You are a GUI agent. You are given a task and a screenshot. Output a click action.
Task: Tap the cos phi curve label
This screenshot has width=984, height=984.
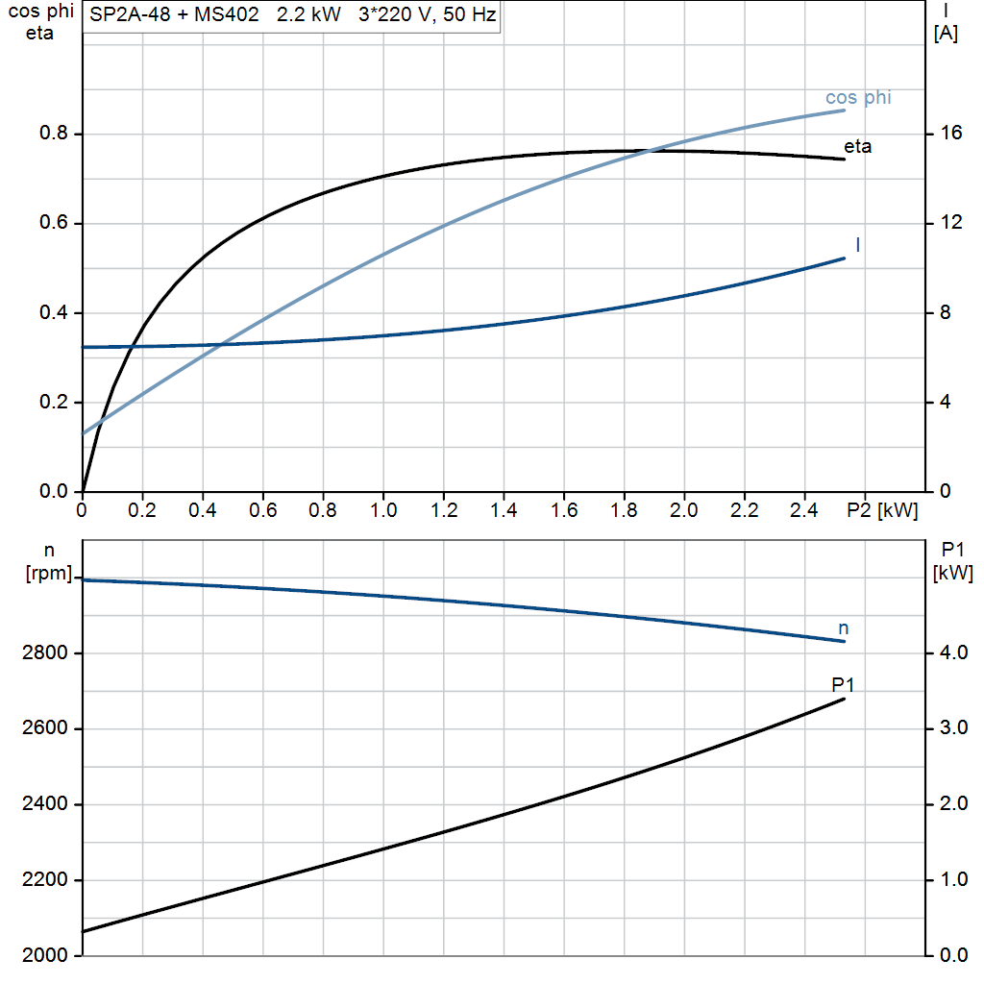pyautogui.click(x=858, y=98)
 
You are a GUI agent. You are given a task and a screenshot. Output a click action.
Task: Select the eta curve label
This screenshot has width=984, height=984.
pyautogui.click(x=858, y=147)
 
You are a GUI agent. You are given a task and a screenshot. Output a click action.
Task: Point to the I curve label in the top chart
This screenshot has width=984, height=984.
pyautogui.click(x=857, y=245)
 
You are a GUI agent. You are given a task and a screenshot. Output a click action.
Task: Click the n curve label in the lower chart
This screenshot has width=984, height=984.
pyautogui.click(x=844, y=628)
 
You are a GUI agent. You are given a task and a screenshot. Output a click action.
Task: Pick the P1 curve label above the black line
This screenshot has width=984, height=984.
pyautogui.click(x=843, y=684)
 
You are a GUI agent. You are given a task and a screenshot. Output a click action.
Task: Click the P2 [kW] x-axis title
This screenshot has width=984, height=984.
pyautogui.click(x=883, y=511)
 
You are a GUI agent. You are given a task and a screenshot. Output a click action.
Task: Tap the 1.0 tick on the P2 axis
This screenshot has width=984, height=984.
pyautogui.click(x=382, y=511)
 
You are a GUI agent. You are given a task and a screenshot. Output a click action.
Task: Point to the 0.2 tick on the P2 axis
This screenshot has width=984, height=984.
pyautogui.click(x=142, y=511)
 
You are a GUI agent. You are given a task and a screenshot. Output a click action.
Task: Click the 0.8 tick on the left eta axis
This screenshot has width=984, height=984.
pyautogui.click(x=53, y=134)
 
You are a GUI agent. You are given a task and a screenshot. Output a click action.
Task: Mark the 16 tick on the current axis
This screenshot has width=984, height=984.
pyautogui.click(x=951, y=134)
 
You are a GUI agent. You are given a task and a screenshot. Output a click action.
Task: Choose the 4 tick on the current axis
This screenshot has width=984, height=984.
pyautogui.click(x=946, y=403)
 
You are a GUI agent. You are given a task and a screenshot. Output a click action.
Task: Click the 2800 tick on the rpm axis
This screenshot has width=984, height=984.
pyautogui.click(x=44, y=653)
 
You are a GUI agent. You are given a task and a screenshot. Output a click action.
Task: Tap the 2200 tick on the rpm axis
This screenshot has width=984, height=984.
pyautogui.click(x=44, y=880)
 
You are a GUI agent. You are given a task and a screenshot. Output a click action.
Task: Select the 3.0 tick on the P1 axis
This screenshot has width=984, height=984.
pyautogui.click(x=951, y=728)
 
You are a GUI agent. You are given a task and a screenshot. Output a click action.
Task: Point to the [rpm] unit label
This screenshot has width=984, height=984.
pyautogui.click(x=48, y=574)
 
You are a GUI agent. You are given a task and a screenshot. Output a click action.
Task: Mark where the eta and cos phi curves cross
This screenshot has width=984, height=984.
pyautogui.click(x=656, y=151)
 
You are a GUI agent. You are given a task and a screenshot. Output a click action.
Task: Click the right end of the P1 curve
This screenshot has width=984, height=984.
pyautogui.click(x=845, y=699)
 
